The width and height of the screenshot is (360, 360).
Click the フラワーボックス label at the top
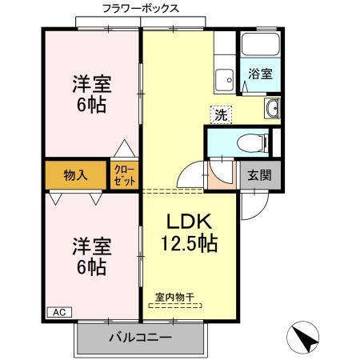140,8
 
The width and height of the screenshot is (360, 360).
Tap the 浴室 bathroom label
261,74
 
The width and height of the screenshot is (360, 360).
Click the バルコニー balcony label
140,337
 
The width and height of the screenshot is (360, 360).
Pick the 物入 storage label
75,175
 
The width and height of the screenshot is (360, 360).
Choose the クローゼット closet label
124,174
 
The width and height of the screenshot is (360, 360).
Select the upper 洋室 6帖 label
92,94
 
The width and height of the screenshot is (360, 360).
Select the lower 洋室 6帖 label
91,256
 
